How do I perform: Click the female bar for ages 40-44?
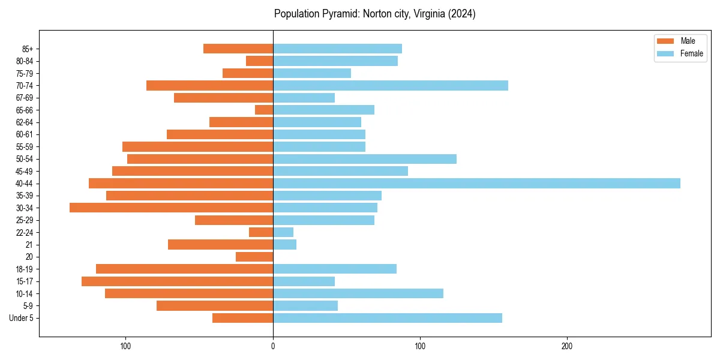pos(476,183)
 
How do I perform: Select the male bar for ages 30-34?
pos(171,208)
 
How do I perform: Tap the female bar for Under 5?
pos(388,318)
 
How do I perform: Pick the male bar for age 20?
pos(254,257)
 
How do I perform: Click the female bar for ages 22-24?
pos(283,232)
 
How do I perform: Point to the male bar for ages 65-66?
pos(264,110)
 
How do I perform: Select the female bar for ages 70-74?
pos(391,85)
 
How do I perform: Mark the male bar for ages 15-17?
pos(177,281)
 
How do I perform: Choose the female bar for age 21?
pos(284,244)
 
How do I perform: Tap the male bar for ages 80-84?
pos(259,61)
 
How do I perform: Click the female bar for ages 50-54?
pos(365,159)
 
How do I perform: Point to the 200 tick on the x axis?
pos(567,346)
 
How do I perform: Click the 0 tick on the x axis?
pos(273,346)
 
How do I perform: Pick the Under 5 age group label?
pos(21,318)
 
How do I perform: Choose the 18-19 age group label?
pos(25,269)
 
